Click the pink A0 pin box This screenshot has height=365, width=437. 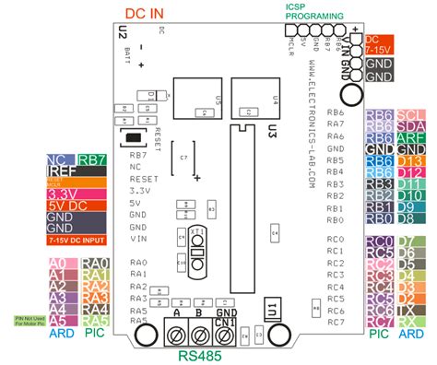[56, 263]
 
